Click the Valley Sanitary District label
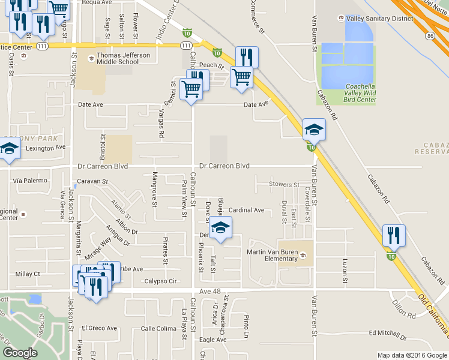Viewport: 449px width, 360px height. coord(379,19)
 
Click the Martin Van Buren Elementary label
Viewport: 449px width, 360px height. coord(272,256)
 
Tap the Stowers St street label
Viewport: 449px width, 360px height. coord(284,185)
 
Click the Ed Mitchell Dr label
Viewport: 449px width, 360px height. coord(388,333)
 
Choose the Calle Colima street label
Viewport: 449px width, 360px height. coord(158,328)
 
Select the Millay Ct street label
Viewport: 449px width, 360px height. coord(28,274)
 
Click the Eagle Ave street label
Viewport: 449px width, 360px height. coord(213,340)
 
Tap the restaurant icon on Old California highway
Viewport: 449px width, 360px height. coord(394,235)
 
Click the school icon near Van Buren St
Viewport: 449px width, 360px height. coord(314,128)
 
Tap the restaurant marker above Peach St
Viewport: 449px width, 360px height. coord(247,57)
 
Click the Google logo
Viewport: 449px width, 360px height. coord(20,353)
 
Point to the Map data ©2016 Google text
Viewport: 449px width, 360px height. coord(412,355)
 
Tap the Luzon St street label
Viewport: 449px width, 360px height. coord(345,271)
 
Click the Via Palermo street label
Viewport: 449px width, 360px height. coord(29,180)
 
